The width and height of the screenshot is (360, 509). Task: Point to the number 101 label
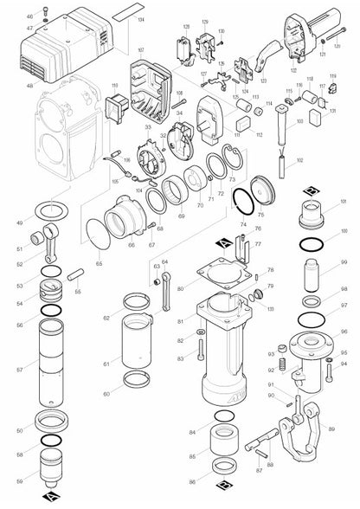tap(343, 202)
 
